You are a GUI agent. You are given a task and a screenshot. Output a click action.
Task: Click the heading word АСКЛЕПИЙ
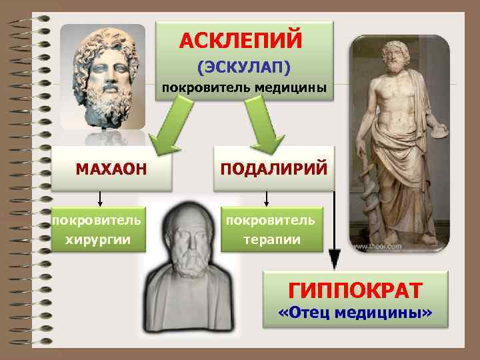(x=241, y=39)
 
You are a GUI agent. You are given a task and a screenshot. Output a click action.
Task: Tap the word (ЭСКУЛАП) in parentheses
(x=243, y=67)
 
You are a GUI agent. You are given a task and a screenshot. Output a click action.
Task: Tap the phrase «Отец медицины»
(x=355, y=313)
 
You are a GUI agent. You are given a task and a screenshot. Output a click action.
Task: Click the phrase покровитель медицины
(x=244, y=88)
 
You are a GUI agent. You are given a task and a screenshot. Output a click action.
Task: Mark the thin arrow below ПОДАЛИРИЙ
(x=267, y=197)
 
